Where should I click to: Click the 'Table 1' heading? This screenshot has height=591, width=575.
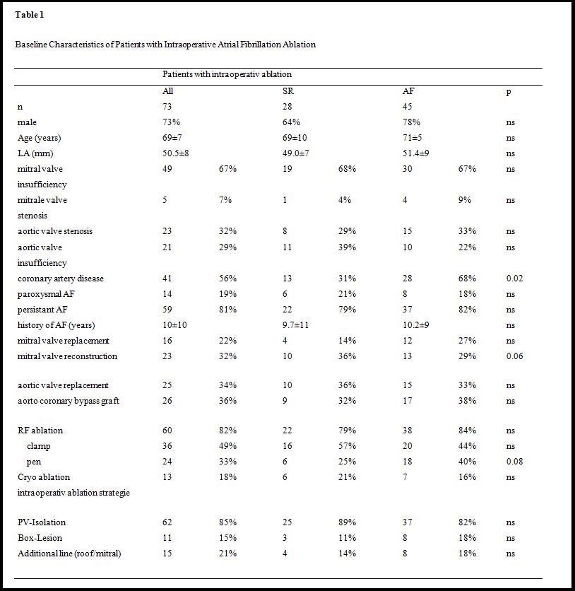click(29, 15)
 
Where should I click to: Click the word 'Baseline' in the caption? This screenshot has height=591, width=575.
click(31, 45)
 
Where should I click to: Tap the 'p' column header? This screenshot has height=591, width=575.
click(509, 91)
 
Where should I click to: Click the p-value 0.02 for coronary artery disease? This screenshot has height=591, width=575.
click(514, 279)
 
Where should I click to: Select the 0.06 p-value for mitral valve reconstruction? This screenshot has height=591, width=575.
click(514, 356)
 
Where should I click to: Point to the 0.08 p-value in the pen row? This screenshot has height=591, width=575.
click(514, 462)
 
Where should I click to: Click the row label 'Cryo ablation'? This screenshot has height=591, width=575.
click(44, 477)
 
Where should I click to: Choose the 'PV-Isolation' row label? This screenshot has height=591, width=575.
click(42, 522)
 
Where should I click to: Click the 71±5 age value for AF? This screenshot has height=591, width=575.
click(412, 138)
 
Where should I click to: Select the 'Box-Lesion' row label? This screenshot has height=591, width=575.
click(40, 538)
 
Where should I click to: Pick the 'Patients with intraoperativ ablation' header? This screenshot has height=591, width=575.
click(227, 74)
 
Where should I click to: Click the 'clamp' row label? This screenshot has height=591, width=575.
click(39, 446)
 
